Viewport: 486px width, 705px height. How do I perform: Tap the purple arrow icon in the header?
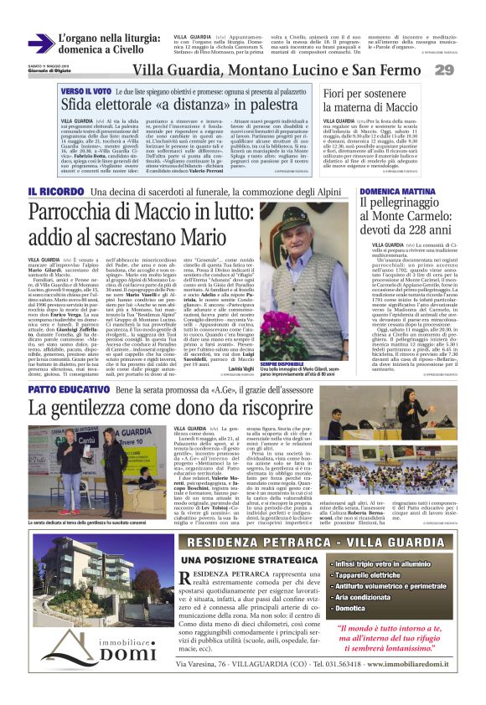[x=40, y=44]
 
